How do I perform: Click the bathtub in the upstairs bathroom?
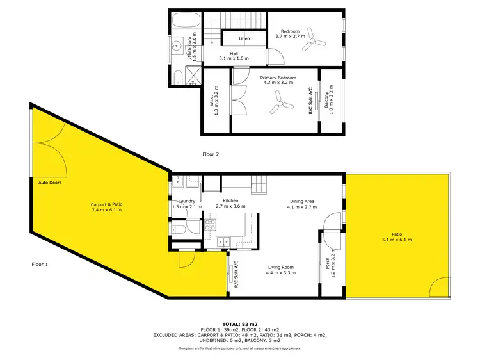[x=185, y=20]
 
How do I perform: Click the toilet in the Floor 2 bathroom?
[x=179, y=78]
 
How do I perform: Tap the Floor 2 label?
[x=211, y=154]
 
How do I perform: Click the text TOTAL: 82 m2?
[x=240, y=325]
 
